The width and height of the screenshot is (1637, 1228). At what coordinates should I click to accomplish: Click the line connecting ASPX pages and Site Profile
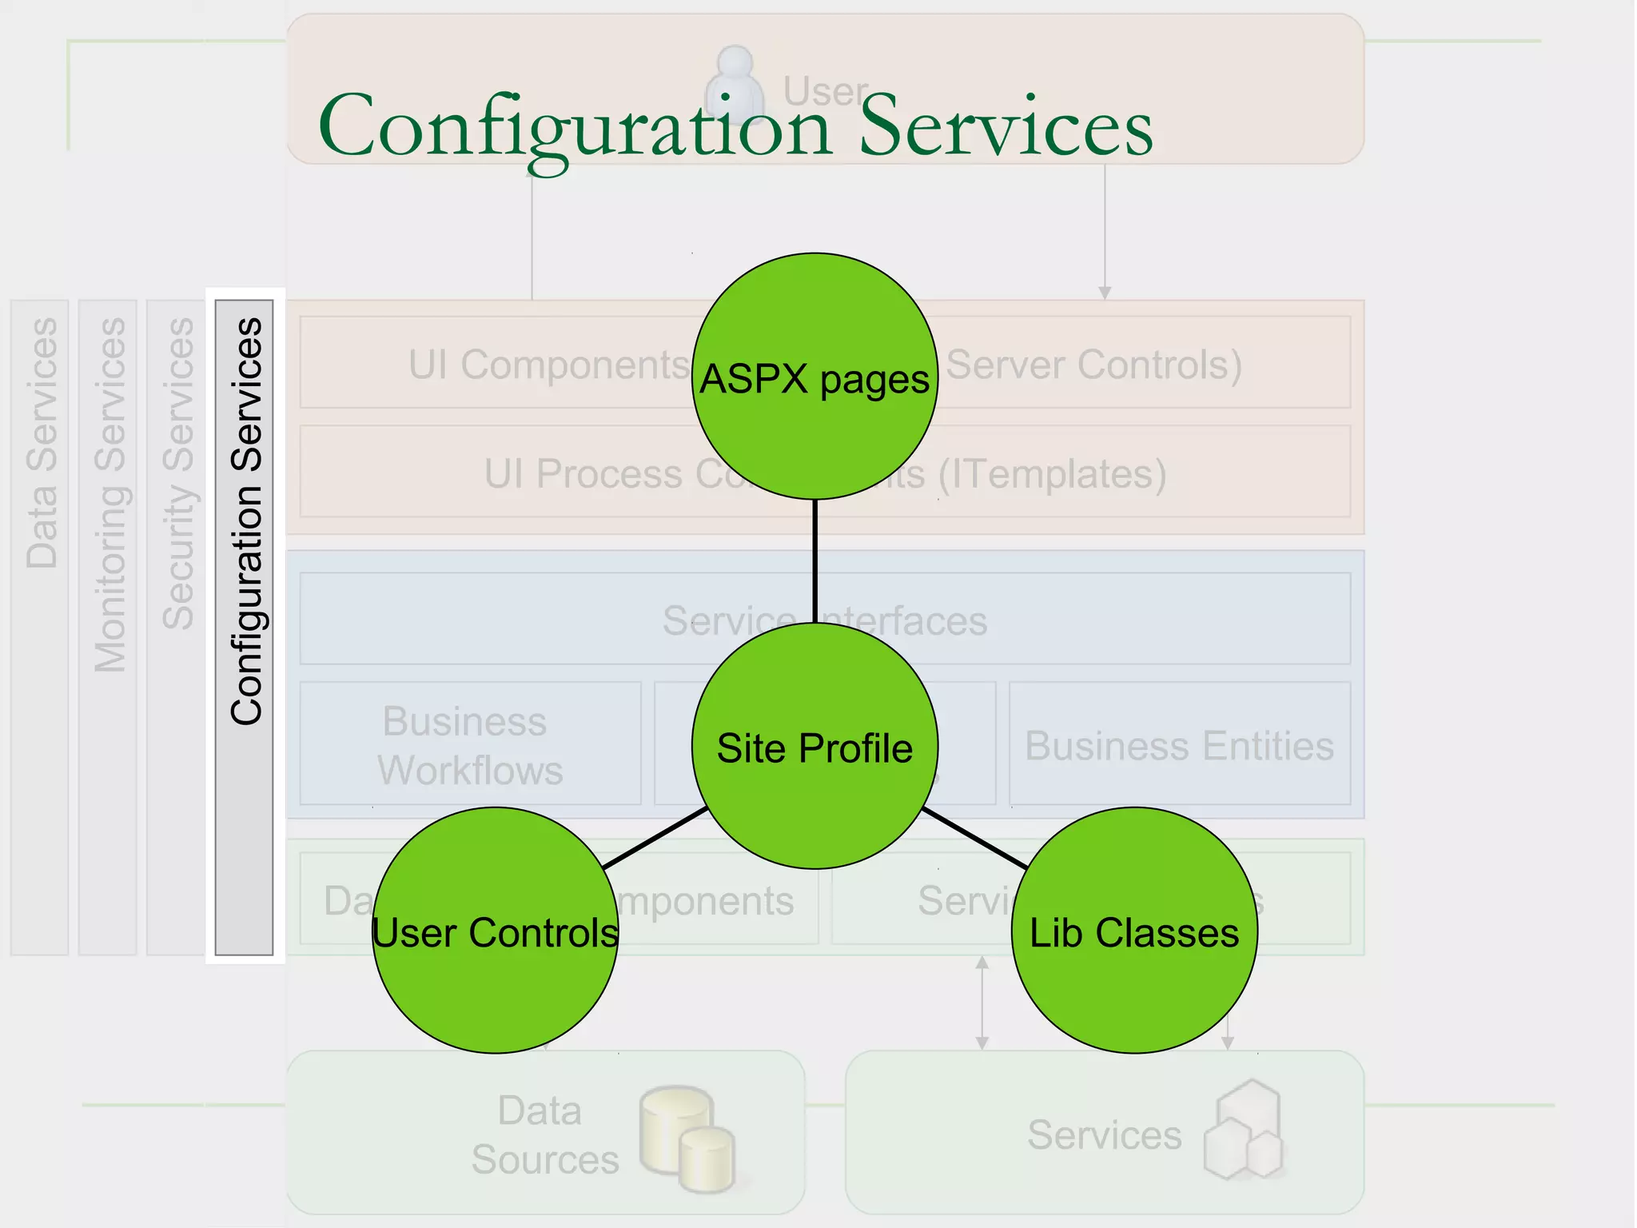point(815,560)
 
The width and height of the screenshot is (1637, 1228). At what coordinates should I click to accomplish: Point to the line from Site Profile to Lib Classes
point(975,838)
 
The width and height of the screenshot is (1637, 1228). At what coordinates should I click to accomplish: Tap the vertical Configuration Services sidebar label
point(245,521)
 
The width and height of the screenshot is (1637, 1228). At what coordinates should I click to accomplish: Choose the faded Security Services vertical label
point(177,473)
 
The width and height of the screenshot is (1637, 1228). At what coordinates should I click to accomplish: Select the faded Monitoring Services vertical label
point(110,494)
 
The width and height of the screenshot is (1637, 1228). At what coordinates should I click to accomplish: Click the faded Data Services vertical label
point(42,443)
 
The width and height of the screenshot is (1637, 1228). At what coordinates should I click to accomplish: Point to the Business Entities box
point(1179,744)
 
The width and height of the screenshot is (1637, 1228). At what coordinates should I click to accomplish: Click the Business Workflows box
point(470,744)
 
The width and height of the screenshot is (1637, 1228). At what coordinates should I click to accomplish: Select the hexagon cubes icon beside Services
point(1244,1131)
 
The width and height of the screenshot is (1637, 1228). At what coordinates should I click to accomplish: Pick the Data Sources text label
point(544,1134)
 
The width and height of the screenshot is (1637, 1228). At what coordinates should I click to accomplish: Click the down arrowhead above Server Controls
point(1105,293)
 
